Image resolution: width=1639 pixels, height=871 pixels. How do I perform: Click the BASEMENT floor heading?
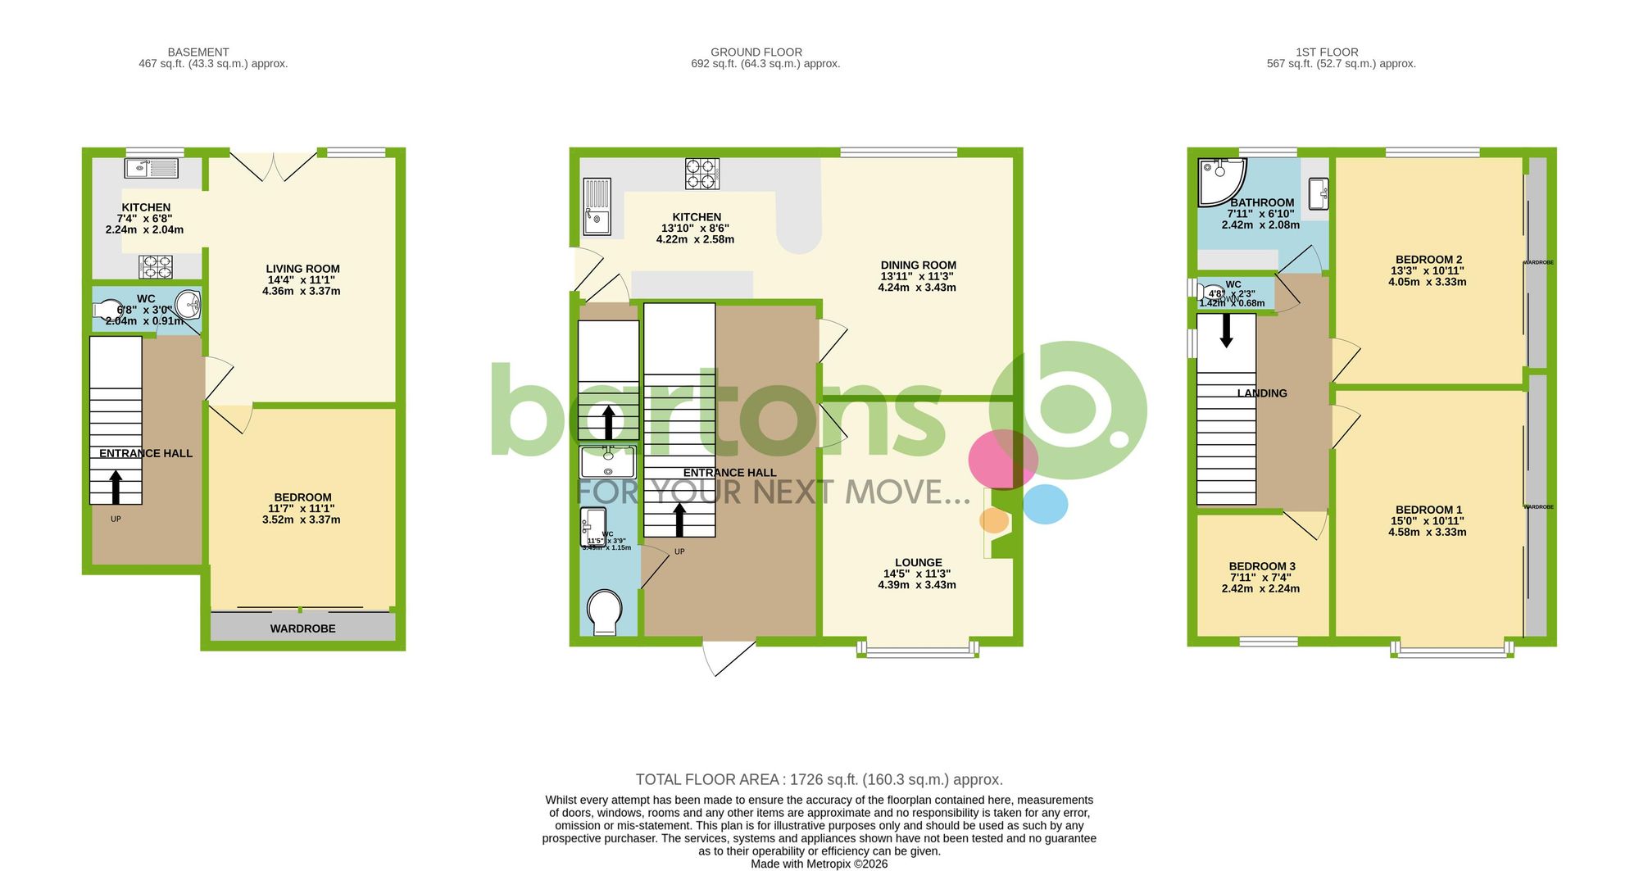tap(198, 52)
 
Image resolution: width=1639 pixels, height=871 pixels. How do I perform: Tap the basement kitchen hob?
tap(156, 267)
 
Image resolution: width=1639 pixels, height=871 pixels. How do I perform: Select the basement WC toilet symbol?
tap(107, 310)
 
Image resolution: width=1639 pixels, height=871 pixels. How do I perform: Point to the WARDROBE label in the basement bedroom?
tap(302, 628)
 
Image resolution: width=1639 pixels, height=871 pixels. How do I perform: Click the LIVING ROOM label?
tap(302, 269)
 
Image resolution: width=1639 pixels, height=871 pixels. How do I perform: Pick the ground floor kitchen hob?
tap(702, 174)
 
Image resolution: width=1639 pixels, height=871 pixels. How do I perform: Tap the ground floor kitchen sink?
tap(597, 206)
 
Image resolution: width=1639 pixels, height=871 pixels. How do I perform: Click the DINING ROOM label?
tap(918, 265)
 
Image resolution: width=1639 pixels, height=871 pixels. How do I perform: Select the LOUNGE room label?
tap(918, 563)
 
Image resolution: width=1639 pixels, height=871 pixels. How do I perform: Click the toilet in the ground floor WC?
tap(605, 611)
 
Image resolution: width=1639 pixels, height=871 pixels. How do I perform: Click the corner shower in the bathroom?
tap(1220, 181)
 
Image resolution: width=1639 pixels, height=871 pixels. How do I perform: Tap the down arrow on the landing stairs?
tap(1227, 331)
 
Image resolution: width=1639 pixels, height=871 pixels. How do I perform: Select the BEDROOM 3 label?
tap(1261, 566)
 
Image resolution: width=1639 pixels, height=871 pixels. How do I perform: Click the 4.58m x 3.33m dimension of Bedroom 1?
tap(1427, 532)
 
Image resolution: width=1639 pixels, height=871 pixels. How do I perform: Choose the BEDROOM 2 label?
tap(1428, 260)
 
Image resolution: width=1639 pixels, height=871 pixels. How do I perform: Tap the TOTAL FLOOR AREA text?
tap(819, 779)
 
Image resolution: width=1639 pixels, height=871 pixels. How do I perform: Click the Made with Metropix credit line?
tap(819, 864)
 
